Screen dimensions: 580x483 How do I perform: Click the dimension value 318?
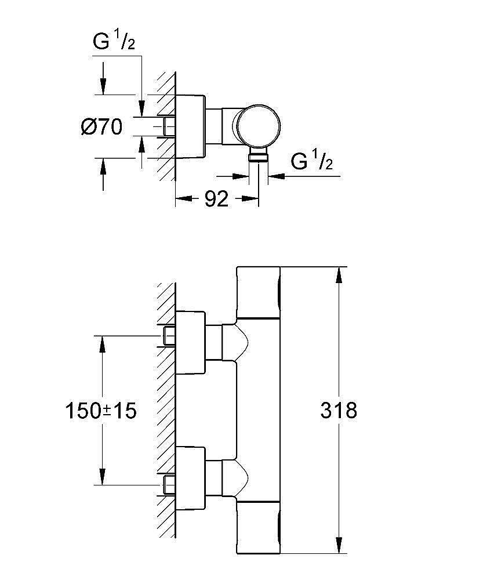coord(339,411)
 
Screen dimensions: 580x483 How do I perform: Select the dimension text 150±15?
coord(101,411)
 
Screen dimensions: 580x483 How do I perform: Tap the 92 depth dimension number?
coord(216,199)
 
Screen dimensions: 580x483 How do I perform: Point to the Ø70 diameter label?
coord(101,126)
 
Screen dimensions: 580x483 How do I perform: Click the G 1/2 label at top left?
coord(114,42)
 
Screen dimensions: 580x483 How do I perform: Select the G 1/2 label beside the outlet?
coord(311,162)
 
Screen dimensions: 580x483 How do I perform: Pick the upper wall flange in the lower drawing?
coord(190,342)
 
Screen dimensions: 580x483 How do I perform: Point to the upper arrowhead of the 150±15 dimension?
coord(103,343)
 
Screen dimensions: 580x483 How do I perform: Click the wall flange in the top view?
coord(190,126)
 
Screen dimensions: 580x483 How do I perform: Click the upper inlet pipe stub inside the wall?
coord(169,335)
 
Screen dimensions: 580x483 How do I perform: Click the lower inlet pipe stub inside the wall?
coord(169,484)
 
